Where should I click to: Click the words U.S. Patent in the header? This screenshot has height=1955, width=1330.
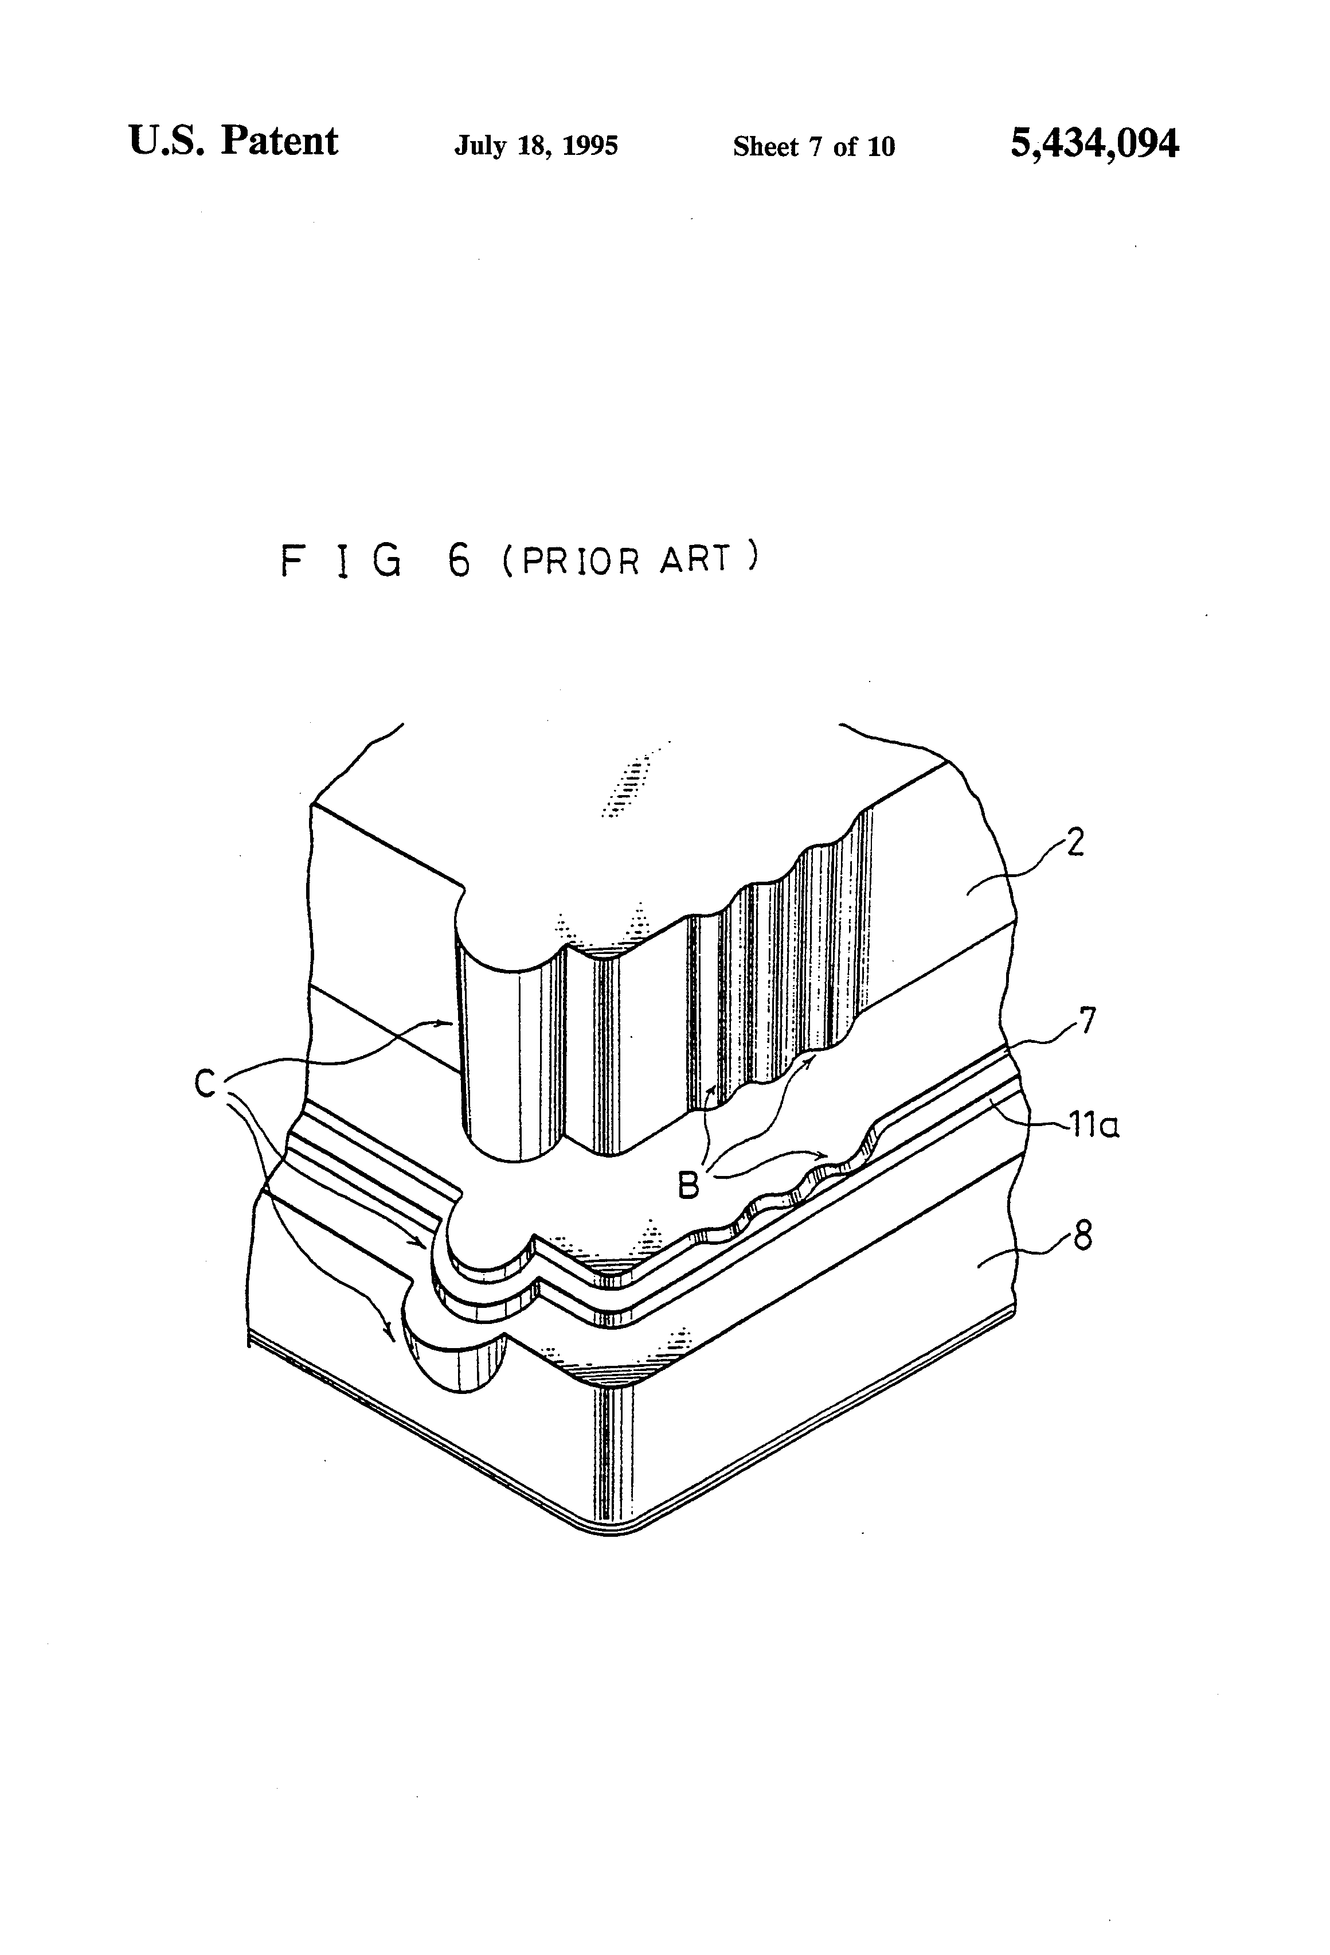233,141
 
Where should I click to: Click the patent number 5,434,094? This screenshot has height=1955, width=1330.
1094,144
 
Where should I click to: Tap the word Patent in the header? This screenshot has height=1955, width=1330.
279,141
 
